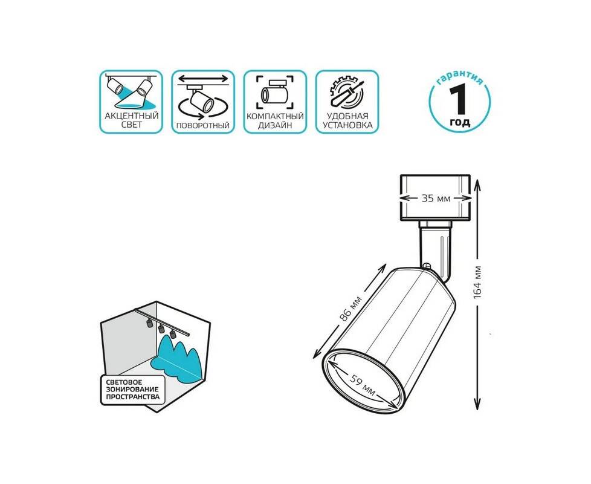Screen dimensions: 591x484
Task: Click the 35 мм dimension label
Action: [436, 198]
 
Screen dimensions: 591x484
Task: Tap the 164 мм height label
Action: [477, 282]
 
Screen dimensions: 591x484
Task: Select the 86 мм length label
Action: [350, 309]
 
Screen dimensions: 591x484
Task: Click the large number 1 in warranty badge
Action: [459, 99]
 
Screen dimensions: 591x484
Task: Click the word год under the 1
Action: [460, 122]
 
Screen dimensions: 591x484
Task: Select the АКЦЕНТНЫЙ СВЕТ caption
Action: [132, 120]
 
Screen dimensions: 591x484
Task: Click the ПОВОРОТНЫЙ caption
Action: [203, 126]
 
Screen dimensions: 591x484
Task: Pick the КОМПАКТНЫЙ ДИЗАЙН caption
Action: [275, 121]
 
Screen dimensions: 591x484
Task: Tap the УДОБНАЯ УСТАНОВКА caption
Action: [347, 121]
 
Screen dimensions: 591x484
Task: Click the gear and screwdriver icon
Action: [347, 93]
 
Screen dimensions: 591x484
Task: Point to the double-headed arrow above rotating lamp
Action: [203, 79]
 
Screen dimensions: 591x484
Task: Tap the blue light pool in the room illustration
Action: [176, 359]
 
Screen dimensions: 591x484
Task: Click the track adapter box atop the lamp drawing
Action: [435, 197]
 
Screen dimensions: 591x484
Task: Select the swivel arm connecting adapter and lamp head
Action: [434, 250]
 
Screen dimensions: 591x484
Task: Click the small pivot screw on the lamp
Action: [427, 266]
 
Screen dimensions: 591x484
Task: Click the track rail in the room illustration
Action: [162, 322]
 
